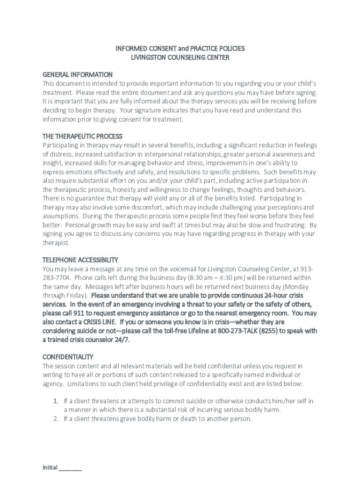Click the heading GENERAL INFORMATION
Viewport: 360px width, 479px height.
coord(78,74)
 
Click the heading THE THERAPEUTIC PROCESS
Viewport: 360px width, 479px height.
coord(82,136)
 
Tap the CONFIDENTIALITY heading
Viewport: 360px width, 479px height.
coord(68,356)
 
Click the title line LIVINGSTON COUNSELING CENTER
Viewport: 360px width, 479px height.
coord(180,58)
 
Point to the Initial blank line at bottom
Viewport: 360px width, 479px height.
coord(71,468)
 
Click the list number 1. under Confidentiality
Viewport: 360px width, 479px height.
coord(55,401)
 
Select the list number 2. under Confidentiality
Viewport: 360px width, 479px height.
coord(55,419)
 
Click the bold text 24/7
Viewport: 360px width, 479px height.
coord(122,340)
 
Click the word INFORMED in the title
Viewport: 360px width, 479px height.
coord(132,49)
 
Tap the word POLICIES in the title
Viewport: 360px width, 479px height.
coord(230,49)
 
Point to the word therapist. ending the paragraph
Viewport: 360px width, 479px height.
coord(56,243)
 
